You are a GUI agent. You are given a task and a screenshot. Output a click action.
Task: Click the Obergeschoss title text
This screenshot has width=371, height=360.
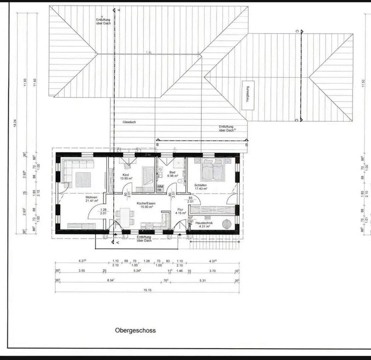135,330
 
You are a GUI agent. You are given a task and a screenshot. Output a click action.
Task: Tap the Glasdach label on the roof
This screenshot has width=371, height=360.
129,122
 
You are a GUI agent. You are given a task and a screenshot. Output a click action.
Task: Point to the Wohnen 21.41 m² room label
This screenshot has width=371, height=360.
91,199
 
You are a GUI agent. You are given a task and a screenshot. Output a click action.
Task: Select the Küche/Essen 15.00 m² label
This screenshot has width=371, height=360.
146,205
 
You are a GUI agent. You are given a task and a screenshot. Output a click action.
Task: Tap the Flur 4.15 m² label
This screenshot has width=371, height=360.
180,211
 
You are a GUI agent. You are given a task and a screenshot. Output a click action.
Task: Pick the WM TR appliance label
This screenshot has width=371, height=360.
160,188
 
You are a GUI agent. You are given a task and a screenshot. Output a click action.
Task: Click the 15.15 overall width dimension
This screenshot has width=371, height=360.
147,290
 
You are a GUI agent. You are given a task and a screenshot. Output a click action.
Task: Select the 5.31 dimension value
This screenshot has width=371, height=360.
202,281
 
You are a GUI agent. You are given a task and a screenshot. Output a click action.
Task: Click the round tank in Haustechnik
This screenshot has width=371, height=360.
227,223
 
